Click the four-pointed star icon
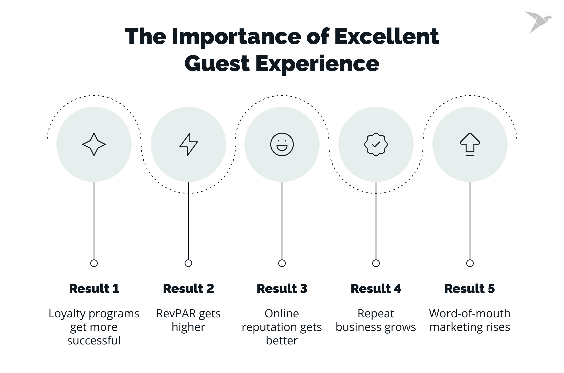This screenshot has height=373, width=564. (94, 144)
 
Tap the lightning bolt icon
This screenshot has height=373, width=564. (188, 144)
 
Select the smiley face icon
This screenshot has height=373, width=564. (282, 144)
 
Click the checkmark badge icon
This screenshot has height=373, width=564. (376, 144)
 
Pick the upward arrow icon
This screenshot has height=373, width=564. (470, 144)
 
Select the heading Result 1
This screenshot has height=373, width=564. (94, 289)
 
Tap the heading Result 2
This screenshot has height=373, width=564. (188, 289)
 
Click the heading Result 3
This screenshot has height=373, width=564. (282, 289)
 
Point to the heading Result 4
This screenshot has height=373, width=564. (376, 289)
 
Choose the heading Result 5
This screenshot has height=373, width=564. (469, 289)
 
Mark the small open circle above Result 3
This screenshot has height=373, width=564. (282, 263)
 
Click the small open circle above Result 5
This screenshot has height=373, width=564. (470, 263)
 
